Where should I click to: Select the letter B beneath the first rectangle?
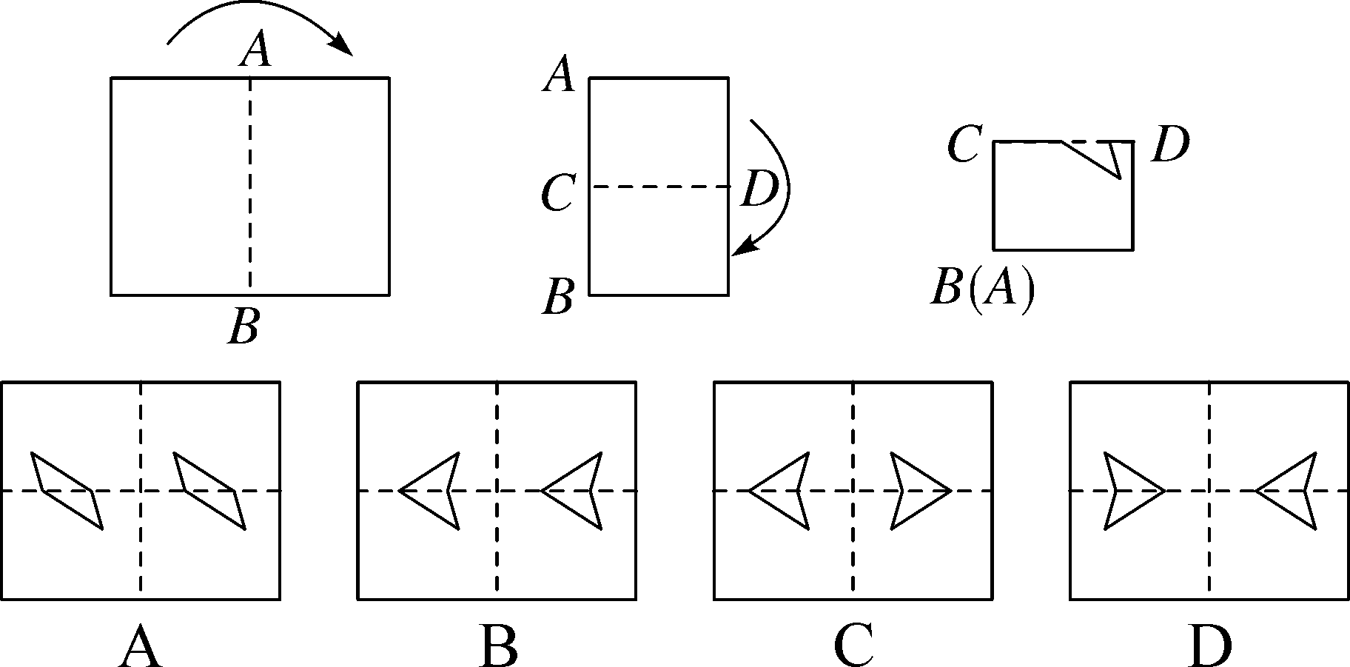(x=244, y=326)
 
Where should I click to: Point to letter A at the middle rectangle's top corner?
(x=559, y=76)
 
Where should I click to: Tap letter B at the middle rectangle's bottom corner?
(x=558, y=297)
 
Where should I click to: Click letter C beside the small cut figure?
(x=964, y=144)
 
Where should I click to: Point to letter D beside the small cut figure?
(x=1170, y=144)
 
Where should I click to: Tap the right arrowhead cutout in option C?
(x=915, y=490)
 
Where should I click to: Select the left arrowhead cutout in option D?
(x=1129, y=490)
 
